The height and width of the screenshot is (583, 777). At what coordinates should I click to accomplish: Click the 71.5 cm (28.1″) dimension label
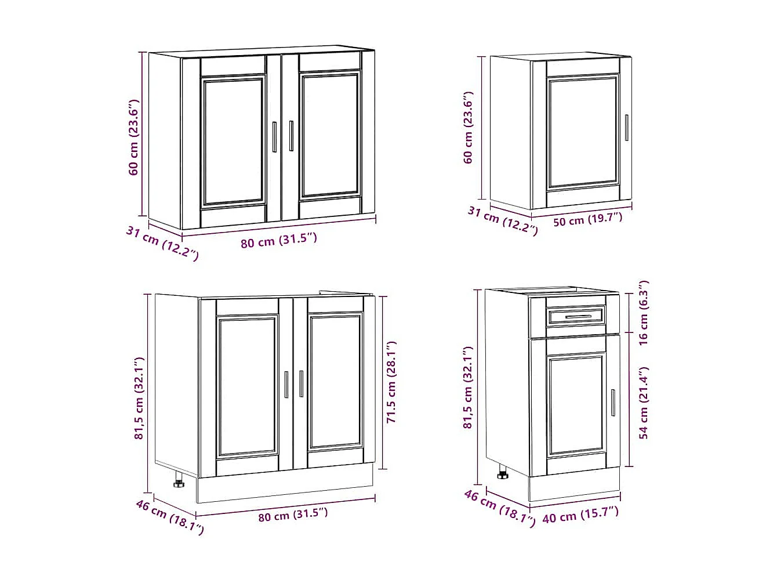point(391,382)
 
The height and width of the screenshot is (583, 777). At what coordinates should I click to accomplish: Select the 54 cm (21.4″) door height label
point(644,402)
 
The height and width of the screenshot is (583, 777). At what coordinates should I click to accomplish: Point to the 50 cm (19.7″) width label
point(587,219)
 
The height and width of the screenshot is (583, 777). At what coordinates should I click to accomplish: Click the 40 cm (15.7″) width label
point(580,514)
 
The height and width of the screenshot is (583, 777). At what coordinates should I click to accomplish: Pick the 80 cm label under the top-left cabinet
point(279,240)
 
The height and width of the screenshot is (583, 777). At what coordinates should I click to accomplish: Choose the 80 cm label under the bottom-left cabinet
point(293,515)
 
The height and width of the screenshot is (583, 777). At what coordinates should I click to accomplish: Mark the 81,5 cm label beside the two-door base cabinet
point(139,398)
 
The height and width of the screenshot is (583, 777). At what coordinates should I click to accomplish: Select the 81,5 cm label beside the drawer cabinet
point(468,388)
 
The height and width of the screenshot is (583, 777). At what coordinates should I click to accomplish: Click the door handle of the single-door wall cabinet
point(626,127)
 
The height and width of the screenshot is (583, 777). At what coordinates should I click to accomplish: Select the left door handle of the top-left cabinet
point(274,136)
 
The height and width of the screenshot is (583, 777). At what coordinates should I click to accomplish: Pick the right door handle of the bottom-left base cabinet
point(301,384)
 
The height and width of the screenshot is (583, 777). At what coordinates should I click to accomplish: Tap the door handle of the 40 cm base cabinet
point(613,402)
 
